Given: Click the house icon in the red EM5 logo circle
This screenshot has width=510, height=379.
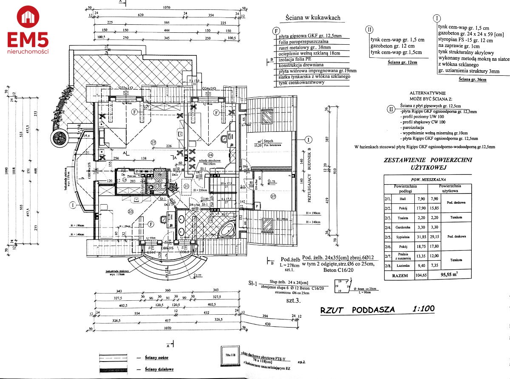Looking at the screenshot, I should (28, 17).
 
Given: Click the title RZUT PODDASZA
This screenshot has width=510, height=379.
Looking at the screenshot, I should (357, 310).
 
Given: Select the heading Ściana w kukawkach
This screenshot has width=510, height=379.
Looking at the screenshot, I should (311, 18).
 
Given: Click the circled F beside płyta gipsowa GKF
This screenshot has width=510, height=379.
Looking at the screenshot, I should (277, 31).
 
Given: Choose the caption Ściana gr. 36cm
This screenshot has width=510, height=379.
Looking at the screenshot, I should (473, 80).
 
